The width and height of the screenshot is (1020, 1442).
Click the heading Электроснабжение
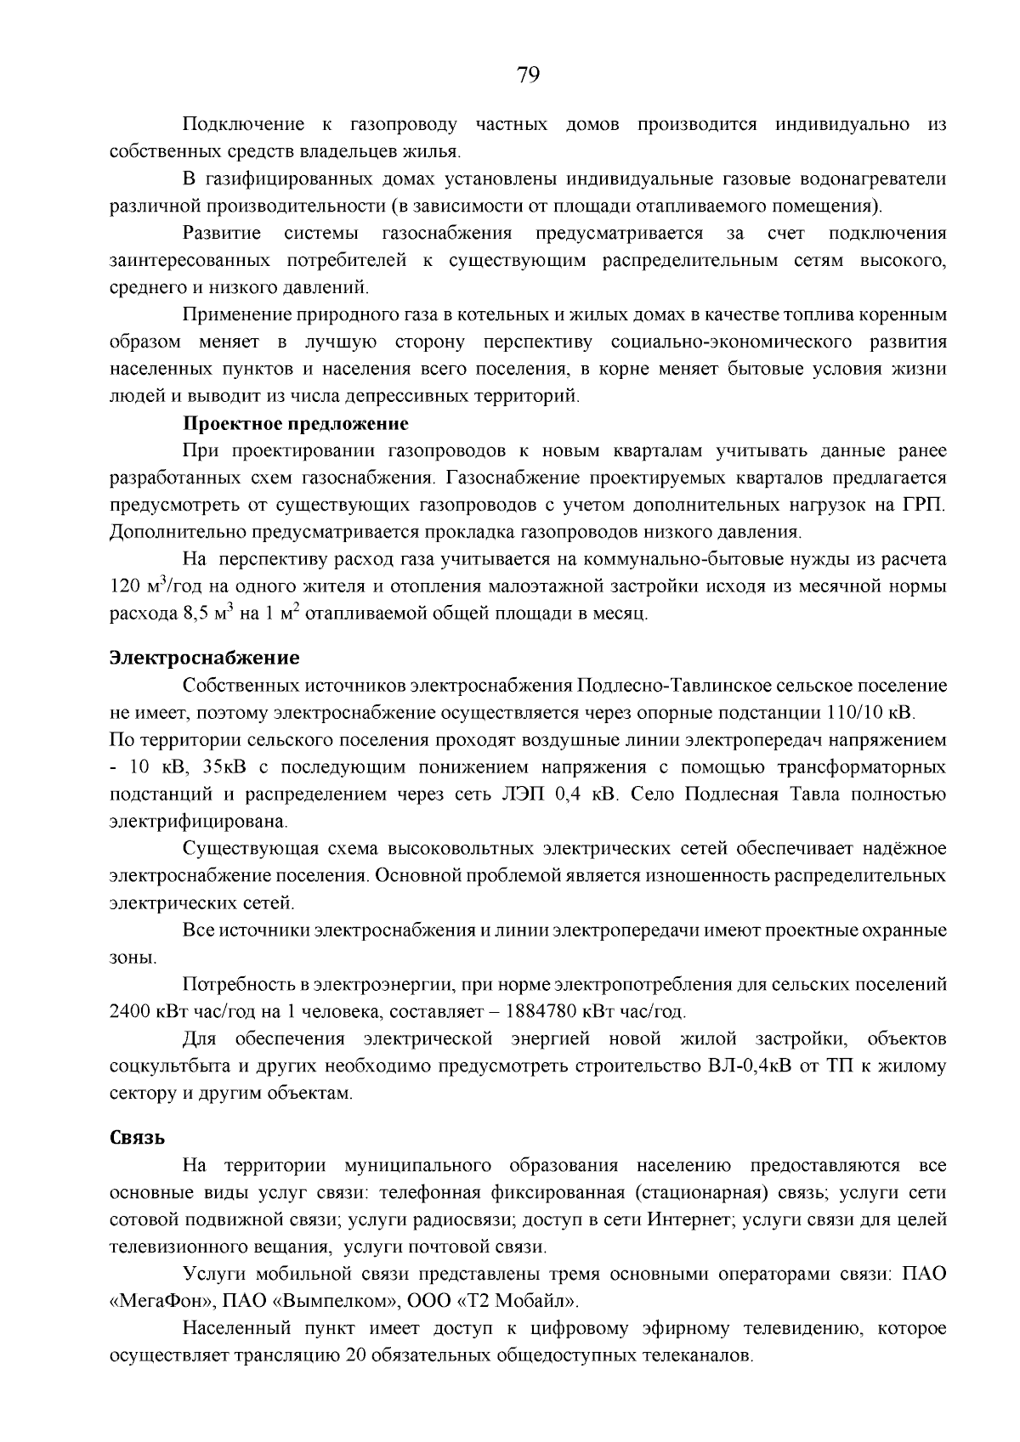(x=205, y=657)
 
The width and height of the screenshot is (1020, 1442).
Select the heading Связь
(x=137, y=1138)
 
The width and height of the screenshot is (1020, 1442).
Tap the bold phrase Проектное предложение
(x=296, y=423)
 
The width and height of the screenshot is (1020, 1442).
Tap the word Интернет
(x=689, y=1219)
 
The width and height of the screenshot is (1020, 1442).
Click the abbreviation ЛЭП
(x=522, y=795)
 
